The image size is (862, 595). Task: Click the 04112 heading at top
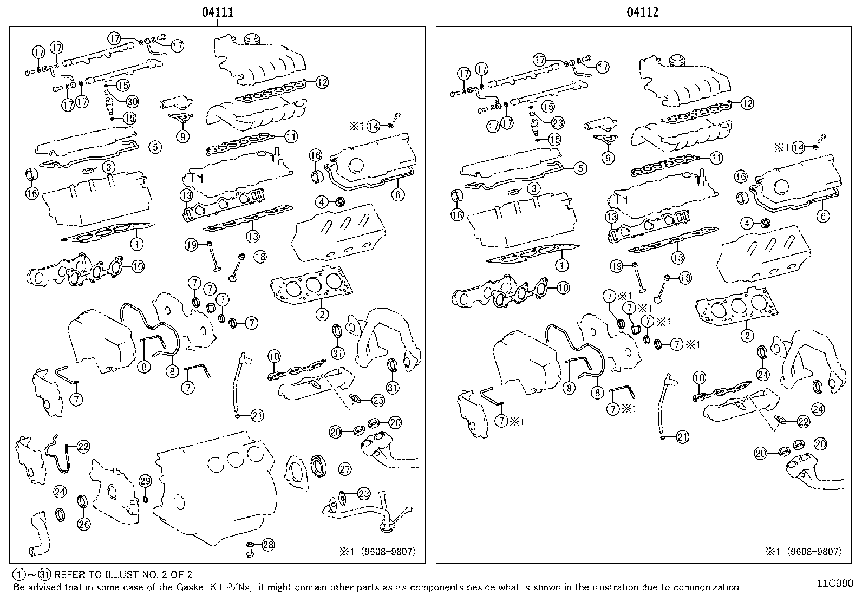pyautogui.click(x=643, y=12)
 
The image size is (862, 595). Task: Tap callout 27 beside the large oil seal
pyautogui.click(x=345, y=469)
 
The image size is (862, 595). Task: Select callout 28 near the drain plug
pyautogui.click(x=268, y=545)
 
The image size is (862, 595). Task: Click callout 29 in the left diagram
pyautogui.click(x=145, y=481)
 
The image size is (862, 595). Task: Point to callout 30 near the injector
pyautogui.click(x=132, y=101)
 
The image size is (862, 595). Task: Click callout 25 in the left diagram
pyautogui.click(x=377, y=401)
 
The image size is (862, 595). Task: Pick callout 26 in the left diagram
pyautogui.click(x=84, y=524)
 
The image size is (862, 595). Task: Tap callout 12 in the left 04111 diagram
pyautogui.click(x=322, y=82)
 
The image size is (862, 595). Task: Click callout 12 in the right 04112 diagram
pyautogui.click(x=747, y=103)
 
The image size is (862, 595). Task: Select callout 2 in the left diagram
pyautogui.click(x=322, y=314)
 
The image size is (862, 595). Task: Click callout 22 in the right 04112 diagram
pyautogui.click(x=803, y=422)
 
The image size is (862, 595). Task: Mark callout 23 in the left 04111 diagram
pyautogui.click(x=363, y=494)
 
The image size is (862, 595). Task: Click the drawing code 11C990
pyautogui.click(x=835, y=584)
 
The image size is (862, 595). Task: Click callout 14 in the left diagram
pyautogui.click(x=373, y=127)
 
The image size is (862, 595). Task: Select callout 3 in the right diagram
pyautogui.click(x=534, y=188)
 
